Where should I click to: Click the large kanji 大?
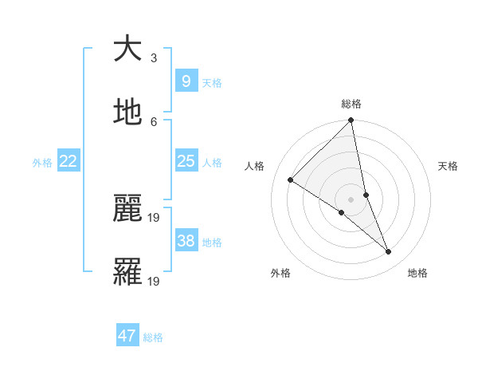coord(127,49)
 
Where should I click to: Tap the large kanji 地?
coord(127,113)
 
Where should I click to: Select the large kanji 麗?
coord(127,208)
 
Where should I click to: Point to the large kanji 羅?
coord(127,272)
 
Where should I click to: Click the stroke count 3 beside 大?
coord(154,57)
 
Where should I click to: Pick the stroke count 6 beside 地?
coord(154,121)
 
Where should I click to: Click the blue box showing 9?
coord(186,81)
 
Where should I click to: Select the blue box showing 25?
coord(186,161)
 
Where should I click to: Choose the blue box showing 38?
coord(186,241)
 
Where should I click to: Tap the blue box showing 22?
coord(69,161)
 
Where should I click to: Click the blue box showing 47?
coord(127,336)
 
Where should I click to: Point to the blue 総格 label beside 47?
coord(154,337)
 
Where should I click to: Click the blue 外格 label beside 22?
coord(42,163)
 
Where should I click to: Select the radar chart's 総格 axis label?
coord(351,104)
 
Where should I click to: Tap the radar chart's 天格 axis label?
coord(448,166)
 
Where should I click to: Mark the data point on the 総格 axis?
coord(351,121)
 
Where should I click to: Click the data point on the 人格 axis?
coord(291,180)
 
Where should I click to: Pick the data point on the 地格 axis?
coord(389,251)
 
